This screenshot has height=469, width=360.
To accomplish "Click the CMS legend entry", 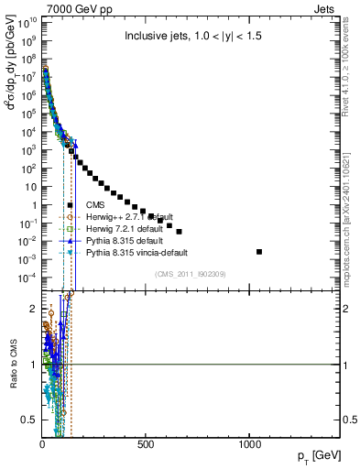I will tap(95, 204).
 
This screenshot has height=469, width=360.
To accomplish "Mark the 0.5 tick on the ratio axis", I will tap(31, 420).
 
